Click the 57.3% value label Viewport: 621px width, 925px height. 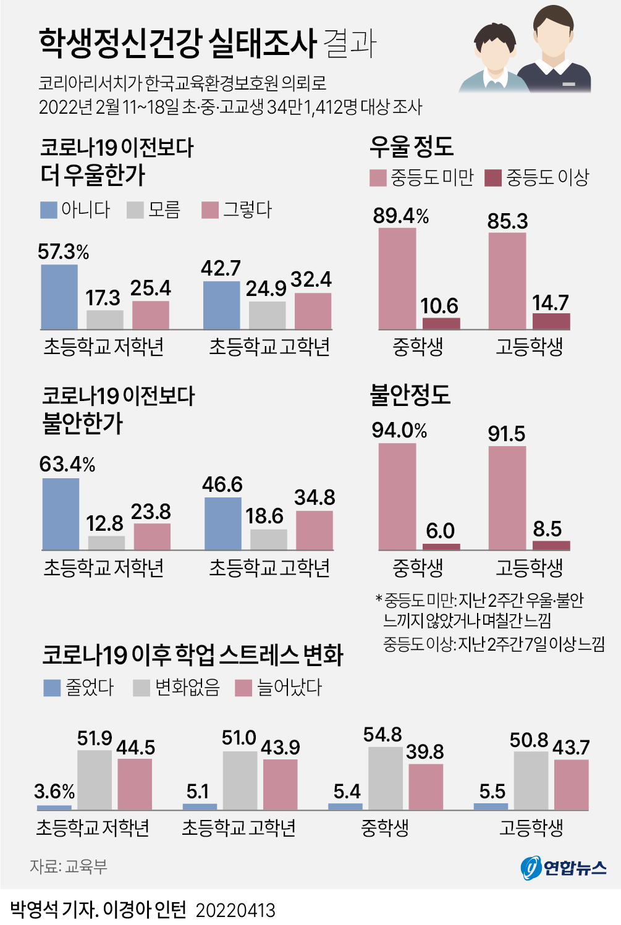pos(63,252)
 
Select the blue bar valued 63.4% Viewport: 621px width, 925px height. pos(61,513)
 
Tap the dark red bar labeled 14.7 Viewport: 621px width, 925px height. pos(551,321)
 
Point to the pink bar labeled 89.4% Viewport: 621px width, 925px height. pos(397,279)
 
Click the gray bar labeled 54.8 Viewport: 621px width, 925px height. pos(386,778)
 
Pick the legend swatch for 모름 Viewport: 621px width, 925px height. pos(135,210)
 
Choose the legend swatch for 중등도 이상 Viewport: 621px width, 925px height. pos(492,178)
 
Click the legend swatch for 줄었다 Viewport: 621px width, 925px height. pos(52,688)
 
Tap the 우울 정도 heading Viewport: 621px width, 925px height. pos(412,146)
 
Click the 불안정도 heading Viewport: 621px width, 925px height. pos(410,394)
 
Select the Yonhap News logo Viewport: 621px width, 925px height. pos(564,868)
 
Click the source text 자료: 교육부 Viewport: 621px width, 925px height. pos(69,866)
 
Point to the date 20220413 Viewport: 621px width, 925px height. pos(235,910)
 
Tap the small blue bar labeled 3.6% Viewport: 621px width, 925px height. pos(54,807)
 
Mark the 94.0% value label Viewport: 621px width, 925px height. pos(399,430)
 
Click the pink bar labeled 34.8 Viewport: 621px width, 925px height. pos(314,530)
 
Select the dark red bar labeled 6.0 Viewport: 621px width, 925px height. pos(441,546)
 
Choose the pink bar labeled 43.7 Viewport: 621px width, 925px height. pos(571,784)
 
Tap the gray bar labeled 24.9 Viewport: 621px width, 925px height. pos(267,315)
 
